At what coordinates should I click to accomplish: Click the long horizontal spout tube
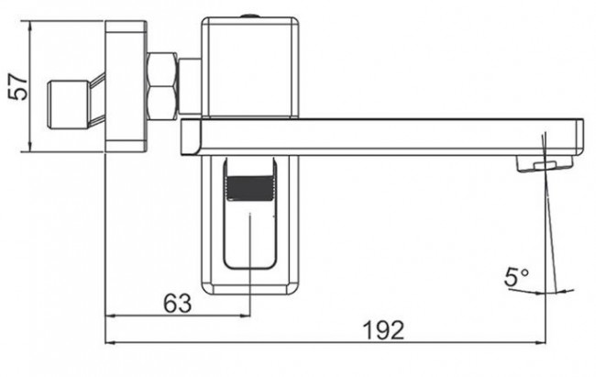[x=385, y=138]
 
